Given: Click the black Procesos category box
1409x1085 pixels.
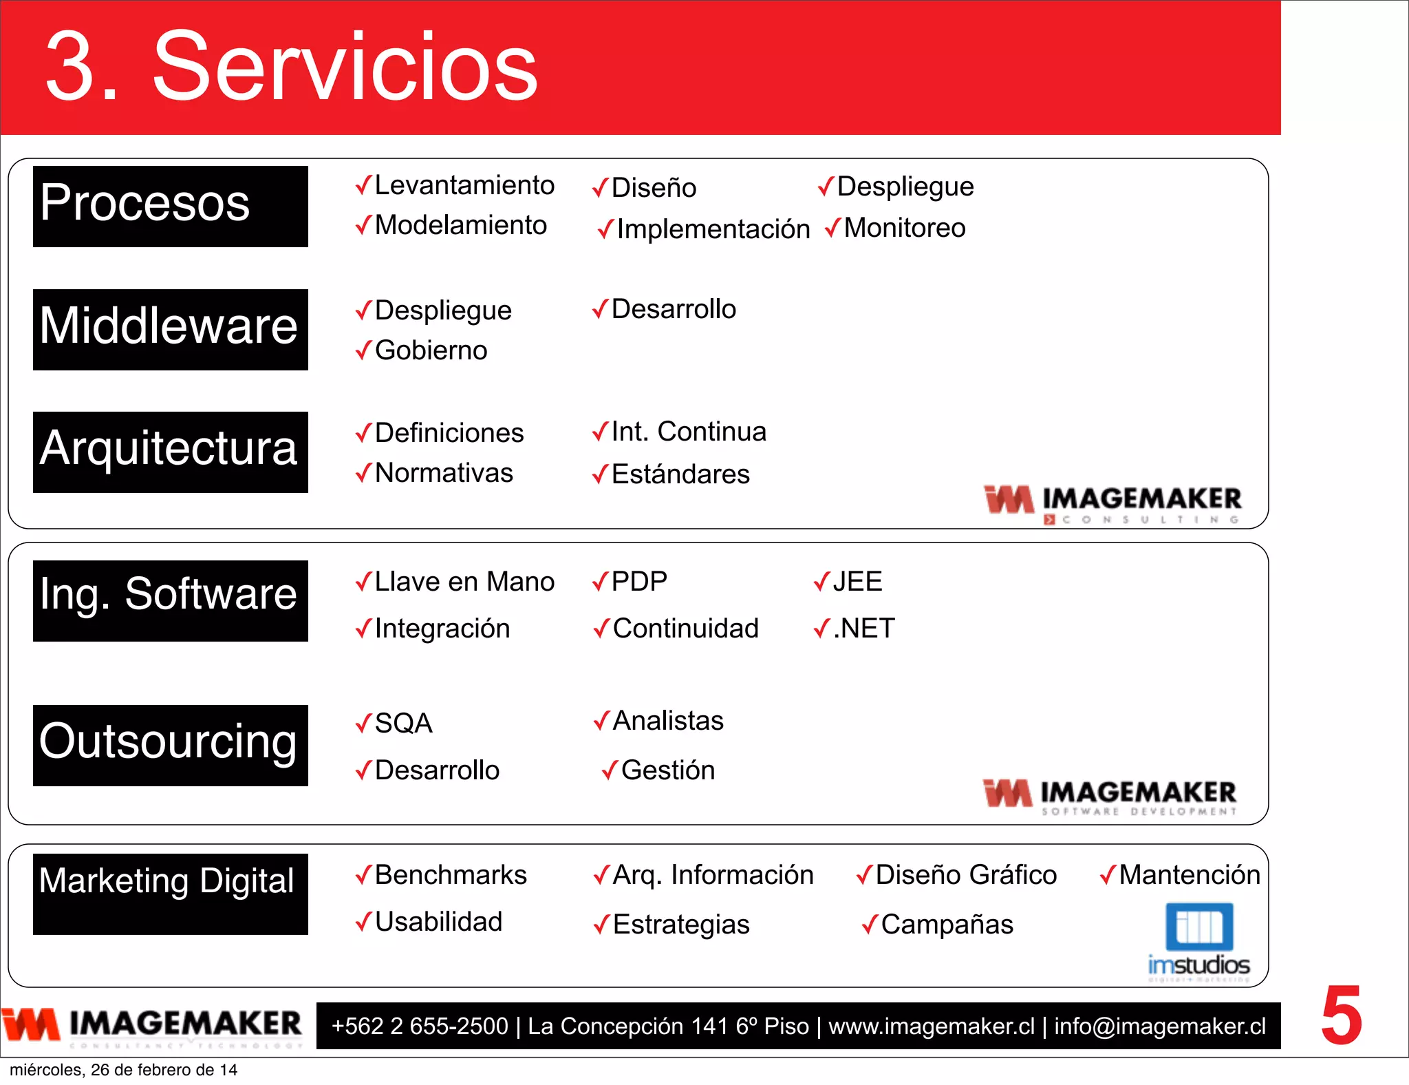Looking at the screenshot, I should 170,206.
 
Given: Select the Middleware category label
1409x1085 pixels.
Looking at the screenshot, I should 170,329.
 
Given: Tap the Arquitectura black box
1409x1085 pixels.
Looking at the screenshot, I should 170,452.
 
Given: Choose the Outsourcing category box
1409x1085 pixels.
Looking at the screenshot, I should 170,745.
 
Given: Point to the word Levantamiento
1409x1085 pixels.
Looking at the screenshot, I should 464,185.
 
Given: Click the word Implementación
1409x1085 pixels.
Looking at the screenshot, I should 713,229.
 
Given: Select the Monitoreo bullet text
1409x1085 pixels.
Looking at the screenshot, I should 904,228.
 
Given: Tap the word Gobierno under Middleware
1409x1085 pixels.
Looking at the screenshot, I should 431,350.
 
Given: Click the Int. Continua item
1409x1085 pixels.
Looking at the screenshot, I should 688,432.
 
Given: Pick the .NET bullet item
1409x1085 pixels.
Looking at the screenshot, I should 863,628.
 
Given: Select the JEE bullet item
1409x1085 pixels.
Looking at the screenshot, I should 857,582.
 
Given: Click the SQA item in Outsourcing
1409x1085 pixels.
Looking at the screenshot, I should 403,723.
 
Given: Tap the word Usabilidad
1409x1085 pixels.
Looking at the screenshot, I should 438,921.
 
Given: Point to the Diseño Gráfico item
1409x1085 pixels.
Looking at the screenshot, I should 965,874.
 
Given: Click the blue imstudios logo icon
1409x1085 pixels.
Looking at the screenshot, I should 1198,927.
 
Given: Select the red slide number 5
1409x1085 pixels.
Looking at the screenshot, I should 1341,1015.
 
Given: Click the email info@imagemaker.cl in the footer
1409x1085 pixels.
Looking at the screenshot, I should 1160,1026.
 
